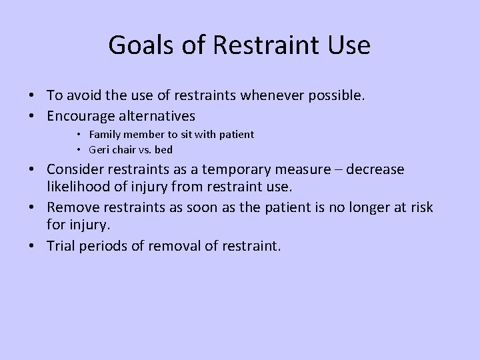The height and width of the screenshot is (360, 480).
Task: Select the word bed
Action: pos(163,149)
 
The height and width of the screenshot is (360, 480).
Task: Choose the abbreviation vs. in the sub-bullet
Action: pos(144,149)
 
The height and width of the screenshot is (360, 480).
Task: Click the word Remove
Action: pos(71,208)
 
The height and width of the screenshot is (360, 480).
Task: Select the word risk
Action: pos(421,208)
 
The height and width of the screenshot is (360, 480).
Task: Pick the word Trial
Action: pos(61,247)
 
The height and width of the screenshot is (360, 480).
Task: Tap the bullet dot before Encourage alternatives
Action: pos(36,115)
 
